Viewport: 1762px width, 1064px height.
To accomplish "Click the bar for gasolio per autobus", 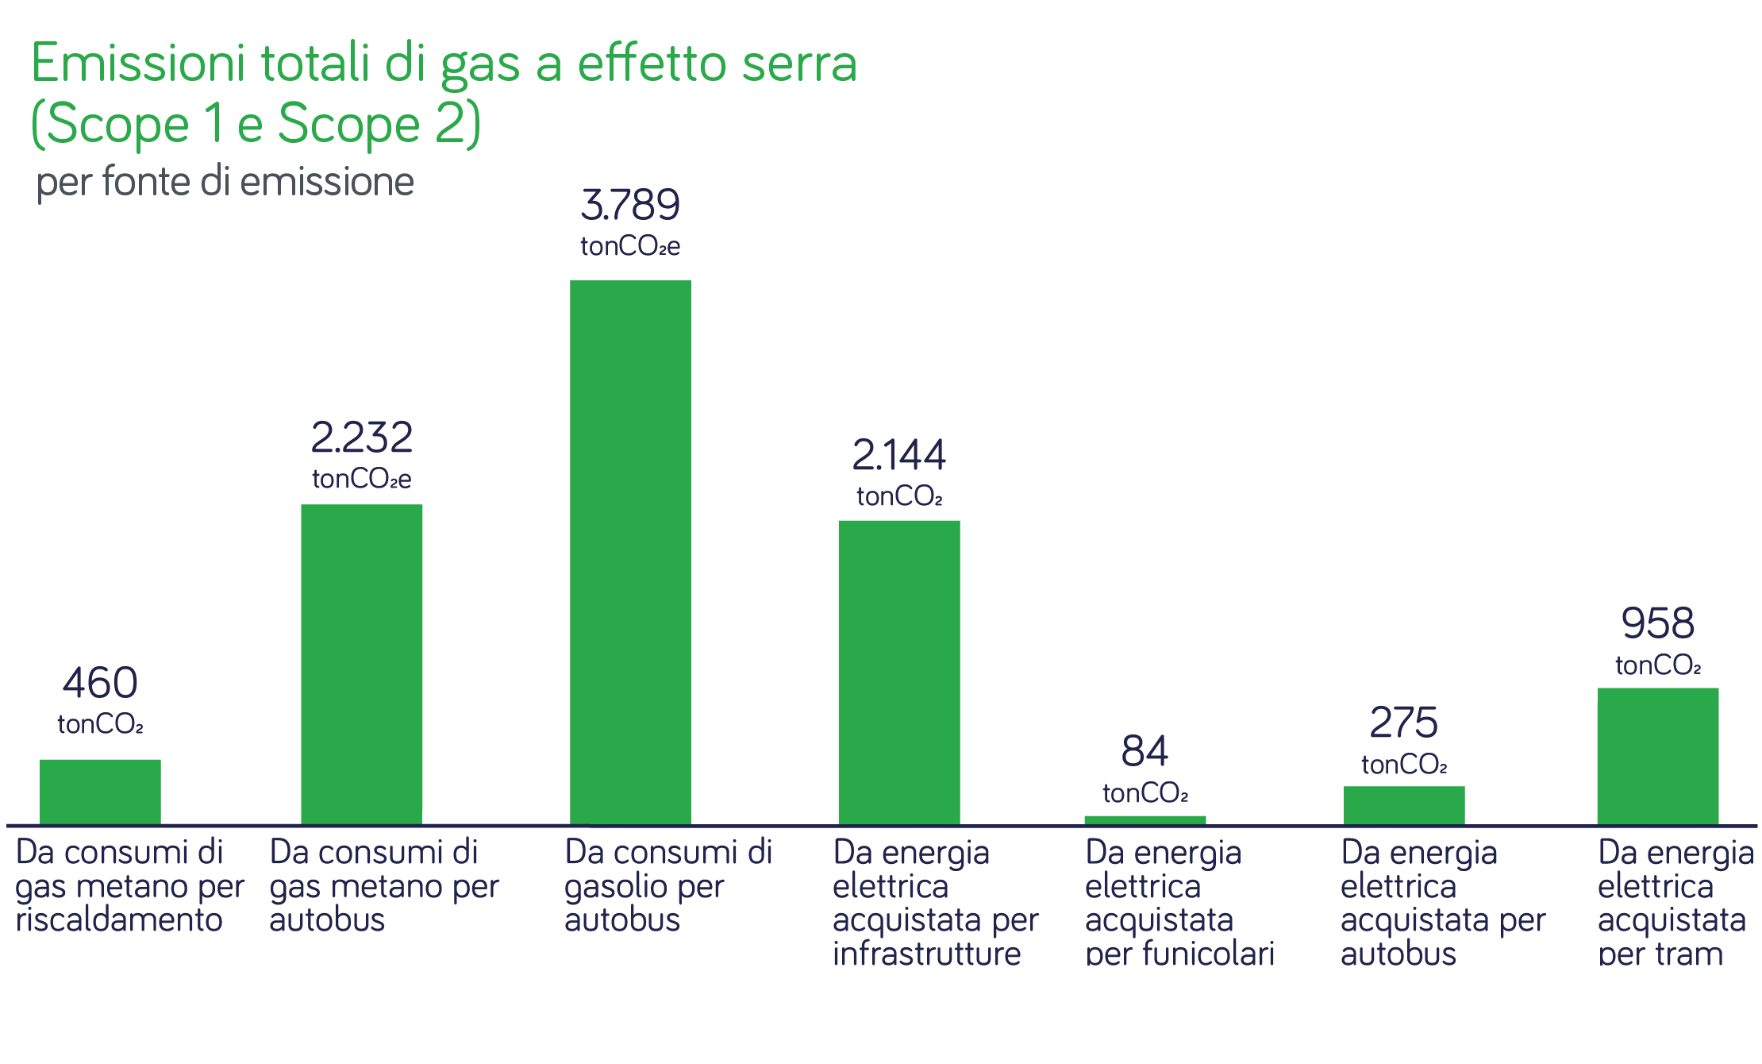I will click(630, 552).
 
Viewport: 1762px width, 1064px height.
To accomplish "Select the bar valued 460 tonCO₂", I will click(100, 792).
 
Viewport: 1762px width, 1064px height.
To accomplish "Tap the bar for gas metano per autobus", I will click(361, 664).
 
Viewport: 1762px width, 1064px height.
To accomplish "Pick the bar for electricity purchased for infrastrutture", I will click(899, 673).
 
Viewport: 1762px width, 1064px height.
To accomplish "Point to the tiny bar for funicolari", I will click(1145, 820).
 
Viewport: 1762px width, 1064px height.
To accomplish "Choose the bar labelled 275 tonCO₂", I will click(1403, 805).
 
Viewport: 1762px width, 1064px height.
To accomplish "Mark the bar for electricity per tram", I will click(1657, 756).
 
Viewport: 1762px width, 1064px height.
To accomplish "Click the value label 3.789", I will click(630, 205).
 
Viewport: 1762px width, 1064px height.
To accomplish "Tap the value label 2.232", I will click(361, 438).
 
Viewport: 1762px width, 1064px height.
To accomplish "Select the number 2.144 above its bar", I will click(899, 455).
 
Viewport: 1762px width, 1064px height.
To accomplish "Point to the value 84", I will click(1145, 751).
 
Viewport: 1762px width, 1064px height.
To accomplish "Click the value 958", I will click(1657, 623).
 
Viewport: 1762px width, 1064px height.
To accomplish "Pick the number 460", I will click(100, 683).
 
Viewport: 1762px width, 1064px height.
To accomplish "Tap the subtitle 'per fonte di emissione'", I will click(225, 182).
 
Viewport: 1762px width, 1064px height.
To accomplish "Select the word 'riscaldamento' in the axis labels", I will click(119, 920).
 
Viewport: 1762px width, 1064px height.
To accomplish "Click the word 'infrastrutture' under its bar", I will click(926, 954).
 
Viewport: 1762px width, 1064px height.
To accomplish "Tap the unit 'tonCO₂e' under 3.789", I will click(630, 246).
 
